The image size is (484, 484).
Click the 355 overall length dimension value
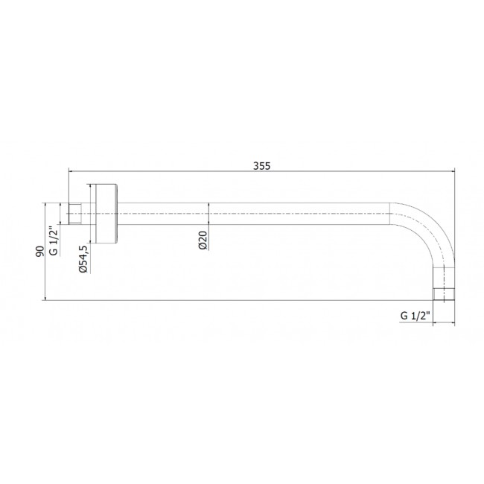(262, 166)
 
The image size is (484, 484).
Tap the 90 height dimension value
(40, 251)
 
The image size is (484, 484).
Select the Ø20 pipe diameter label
(203, 241)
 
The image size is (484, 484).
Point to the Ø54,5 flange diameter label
(84, 259)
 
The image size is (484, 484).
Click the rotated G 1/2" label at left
(54, 241)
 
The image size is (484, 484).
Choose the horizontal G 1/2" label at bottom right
(415, 316)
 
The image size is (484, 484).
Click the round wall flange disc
(106, 214)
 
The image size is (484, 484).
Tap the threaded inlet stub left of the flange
(74, 214)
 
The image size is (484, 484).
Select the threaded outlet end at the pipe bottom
(444, 294)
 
